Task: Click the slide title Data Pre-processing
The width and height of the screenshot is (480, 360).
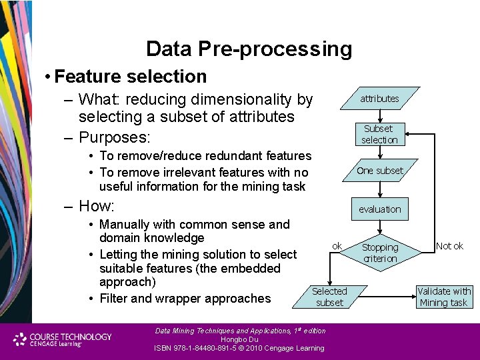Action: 249,49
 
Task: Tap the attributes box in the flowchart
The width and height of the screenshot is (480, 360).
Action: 379,99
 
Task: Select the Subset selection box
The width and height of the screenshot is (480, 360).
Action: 379,134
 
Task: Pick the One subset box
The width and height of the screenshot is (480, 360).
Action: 379,171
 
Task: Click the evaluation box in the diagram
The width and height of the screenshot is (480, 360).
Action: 379,209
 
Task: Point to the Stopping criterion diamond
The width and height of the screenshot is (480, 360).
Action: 379,253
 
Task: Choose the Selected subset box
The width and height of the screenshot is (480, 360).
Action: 329,297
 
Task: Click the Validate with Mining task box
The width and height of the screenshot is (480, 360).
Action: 443,297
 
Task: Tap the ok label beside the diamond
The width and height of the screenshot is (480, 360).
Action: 337,246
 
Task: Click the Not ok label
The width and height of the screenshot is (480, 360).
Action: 449,246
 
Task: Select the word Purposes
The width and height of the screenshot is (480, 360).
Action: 114,138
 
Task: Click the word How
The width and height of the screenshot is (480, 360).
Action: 96,205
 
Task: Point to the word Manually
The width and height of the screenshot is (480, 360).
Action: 126,225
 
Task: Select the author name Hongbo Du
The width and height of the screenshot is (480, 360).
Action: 239,339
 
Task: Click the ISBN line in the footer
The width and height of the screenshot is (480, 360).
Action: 239,348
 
